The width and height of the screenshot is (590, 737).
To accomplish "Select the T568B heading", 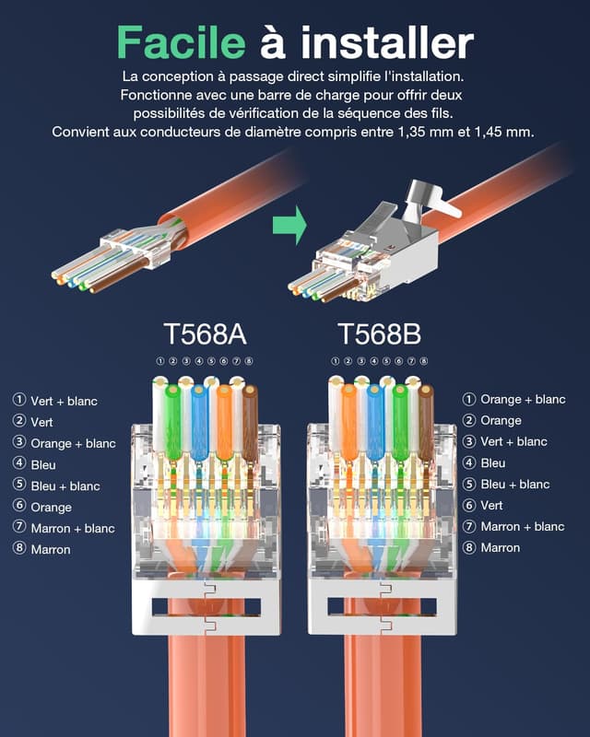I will tap(380, 333).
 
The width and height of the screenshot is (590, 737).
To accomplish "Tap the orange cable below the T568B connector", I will tap(383, 686).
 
